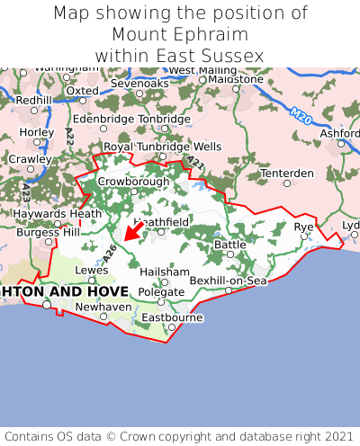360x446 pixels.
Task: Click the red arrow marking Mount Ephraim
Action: pyautogui.click(x=131, y=232)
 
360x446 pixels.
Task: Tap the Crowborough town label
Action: pyautogui.click(x=133, y=181)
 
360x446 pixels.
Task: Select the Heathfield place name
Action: pyautogui.click(x=161, y=221)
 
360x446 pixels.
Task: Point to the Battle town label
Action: pyautogui.click(x=229, y=244)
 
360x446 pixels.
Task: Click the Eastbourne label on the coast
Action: pyautogui.click(x=172, y=317)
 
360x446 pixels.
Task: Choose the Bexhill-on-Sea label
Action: pyautogui.click(x=229, y=281)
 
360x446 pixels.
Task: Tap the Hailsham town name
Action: pyautogui.click(x=165, y=272)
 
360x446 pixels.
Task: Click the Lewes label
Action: pyautogui.click(x=91, y=269)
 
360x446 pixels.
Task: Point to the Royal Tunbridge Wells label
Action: pyautogui.click(x=162, y=146)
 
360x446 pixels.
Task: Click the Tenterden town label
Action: pyautogui.click(x=287, y=173)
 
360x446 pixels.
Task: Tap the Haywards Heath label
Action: pyautogui.click(x=50, y=214)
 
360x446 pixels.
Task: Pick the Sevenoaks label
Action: pyautogui.click(x=139, y=84)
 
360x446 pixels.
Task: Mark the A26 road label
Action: pyautogui.click(x=109, y=254)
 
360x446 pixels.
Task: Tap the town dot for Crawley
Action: pyautogui.click(x=30, y=168)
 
